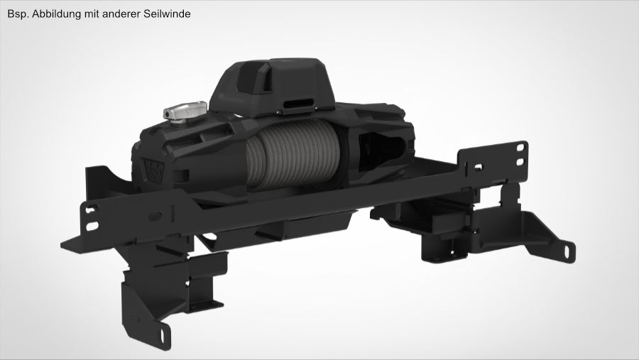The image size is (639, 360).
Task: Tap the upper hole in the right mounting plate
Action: pyautogui.click(x=523, y=146)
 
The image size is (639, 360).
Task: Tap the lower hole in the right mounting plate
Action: pyautogui.click(x=523, y=162)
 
